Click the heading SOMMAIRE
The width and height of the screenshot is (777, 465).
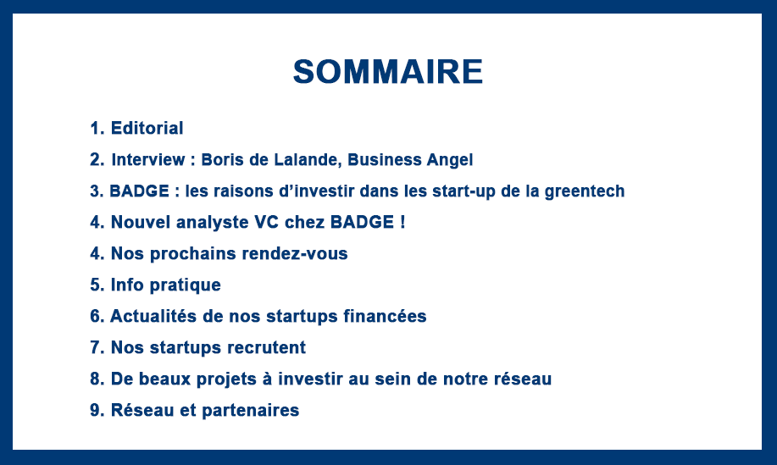point(388,72)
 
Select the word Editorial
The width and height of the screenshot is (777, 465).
point(147,128)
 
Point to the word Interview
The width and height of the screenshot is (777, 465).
point(148,159)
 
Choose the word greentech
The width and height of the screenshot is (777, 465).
point(585,191)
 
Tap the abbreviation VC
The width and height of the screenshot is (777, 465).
point(267,222)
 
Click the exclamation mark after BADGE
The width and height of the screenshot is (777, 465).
point(402,222)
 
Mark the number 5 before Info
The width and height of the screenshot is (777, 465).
point(95,285)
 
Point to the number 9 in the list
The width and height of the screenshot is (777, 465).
point(95,410)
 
